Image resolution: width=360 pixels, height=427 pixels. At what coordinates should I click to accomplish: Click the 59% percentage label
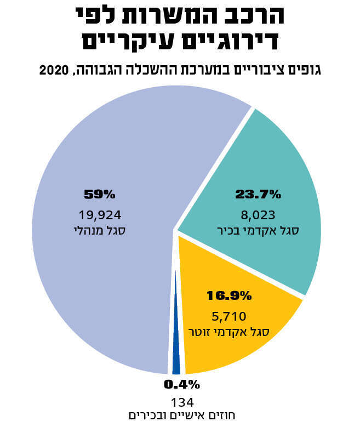coord(100,194)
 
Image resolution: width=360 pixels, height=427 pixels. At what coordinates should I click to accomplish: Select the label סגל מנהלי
coord(100,231)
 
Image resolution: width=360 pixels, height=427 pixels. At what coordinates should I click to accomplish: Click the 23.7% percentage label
coord(258,194)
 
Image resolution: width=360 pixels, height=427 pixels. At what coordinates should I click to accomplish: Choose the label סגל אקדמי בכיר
coord(258,231)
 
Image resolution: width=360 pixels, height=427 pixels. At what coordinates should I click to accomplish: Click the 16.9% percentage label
coord(228,296)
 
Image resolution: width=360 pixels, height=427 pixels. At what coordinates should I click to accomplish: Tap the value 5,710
coord(228,316)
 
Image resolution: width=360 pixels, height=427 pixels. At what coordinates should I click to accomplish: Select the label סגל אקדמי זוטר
coord(228,332)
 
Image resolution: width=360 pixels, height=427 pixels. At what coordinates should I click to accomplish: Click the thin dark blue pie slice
coord(176,351)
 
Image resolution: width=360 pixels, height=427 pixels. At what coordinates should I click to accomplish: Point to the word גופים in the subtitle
coord(305,71)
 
